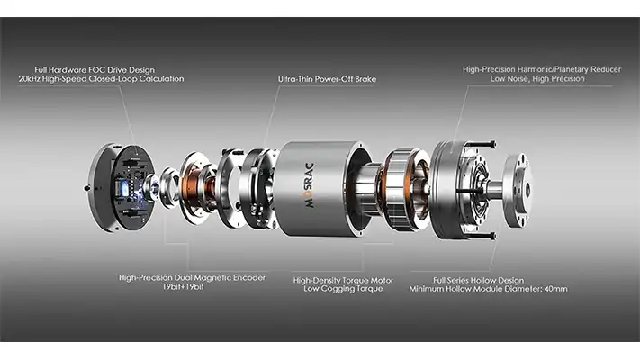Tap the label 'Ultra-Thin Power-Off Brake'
pyautogui.click(x=328, y=80)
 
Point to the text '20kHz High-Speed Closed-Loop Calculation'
pyautogui.click(x=100, y=79)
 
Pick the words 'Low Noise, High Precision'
pyautogui.click(x=536, y=79)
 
